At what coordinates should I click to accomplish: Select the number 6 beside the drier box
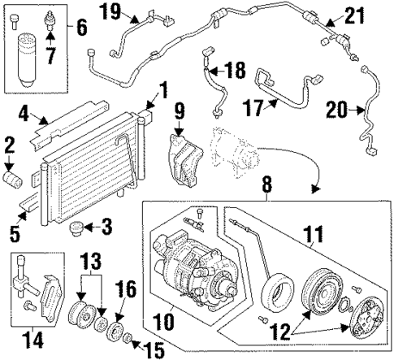(81, 27)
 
